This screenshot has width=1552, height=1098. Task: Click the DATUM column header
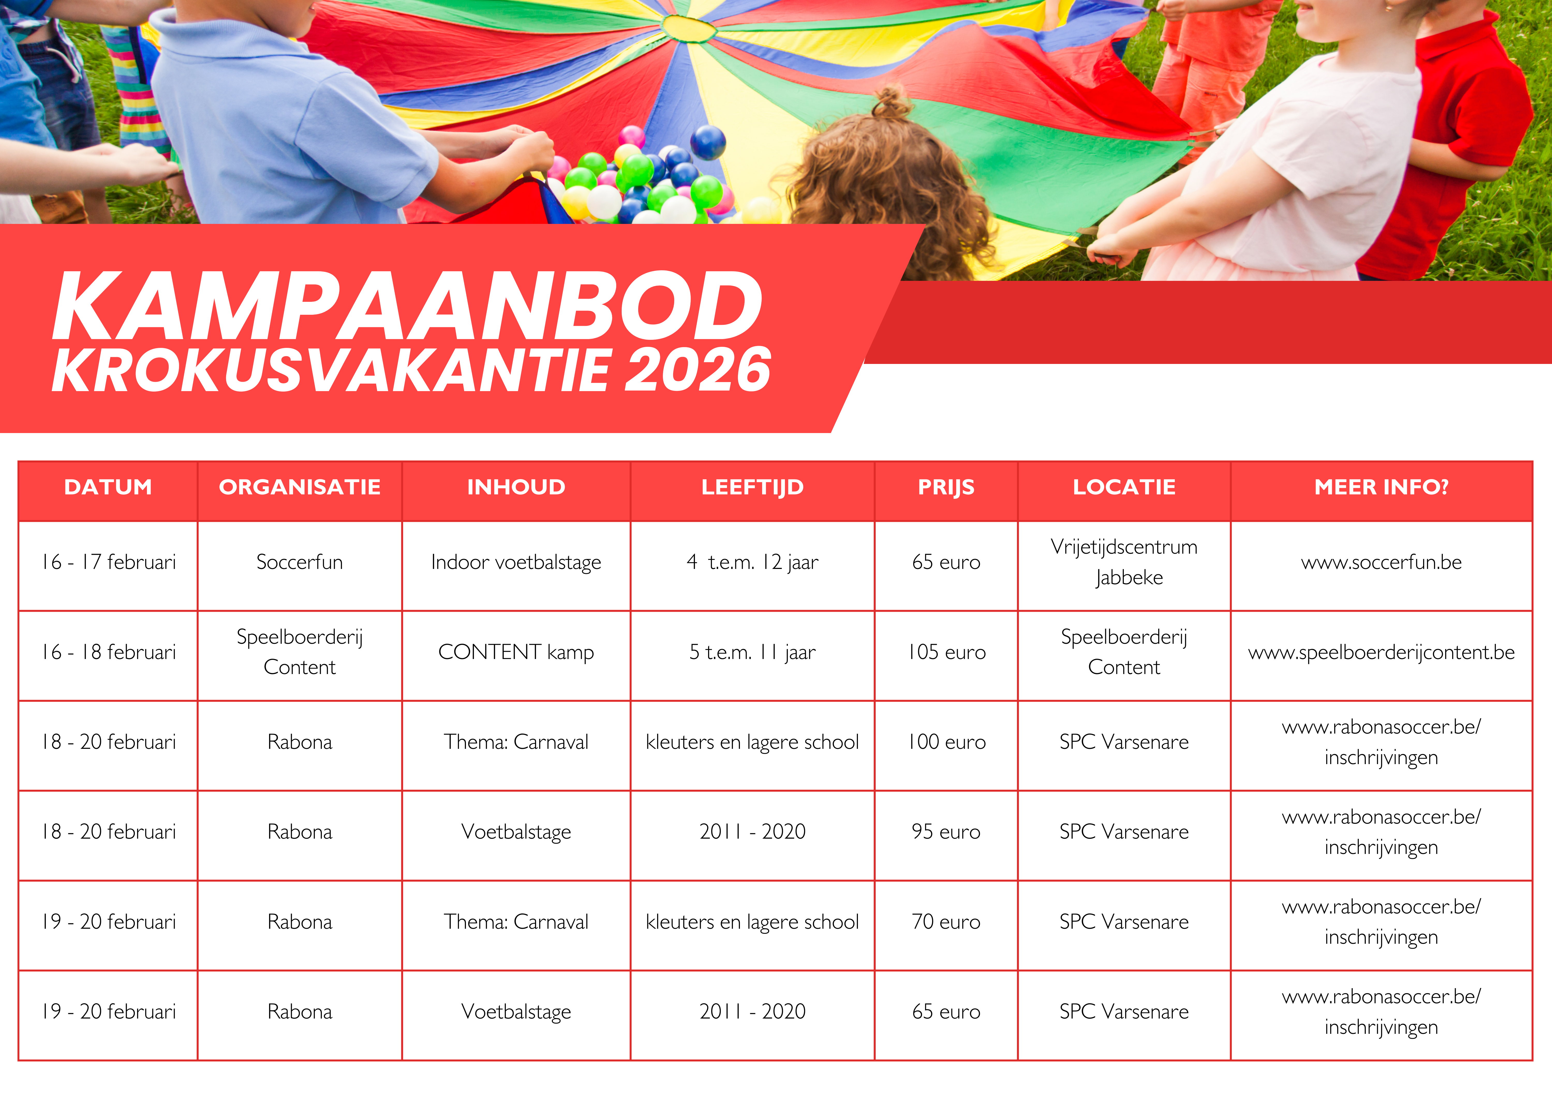click(108, 487)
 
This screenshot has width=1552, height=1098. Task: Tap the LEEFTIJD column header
click(752, 487)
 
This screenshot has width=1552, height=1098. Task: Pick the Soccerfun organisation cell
click(299, 562)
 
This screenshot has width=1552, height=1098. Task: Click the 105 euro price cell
click(946, 652)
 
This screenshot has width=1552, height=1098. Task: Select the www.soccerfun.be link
click(1381, 562)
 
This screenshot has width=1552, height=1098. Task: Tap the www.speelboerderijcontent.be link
click(1381, 652)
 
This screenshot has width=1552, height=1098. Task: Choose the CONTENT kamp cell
click(516, 652)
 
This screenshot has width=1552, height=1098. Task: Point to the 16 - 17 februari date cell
click(108, 562)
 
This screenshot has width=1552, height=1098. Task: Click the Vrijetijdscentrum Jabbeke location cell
click(1124, 562)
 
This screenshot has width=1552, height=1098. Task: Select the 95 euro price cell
click(946, 832)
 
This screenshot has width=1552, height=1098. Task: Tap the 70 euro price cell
click(946, 921)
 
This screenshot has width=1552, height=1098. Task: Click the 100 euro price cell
click(946, 742)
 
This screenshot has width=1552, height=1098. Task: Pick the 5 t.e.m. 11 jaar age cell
click(752, 652)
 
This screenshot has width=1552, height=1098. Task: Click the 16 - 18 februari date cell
click(108, 652)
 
